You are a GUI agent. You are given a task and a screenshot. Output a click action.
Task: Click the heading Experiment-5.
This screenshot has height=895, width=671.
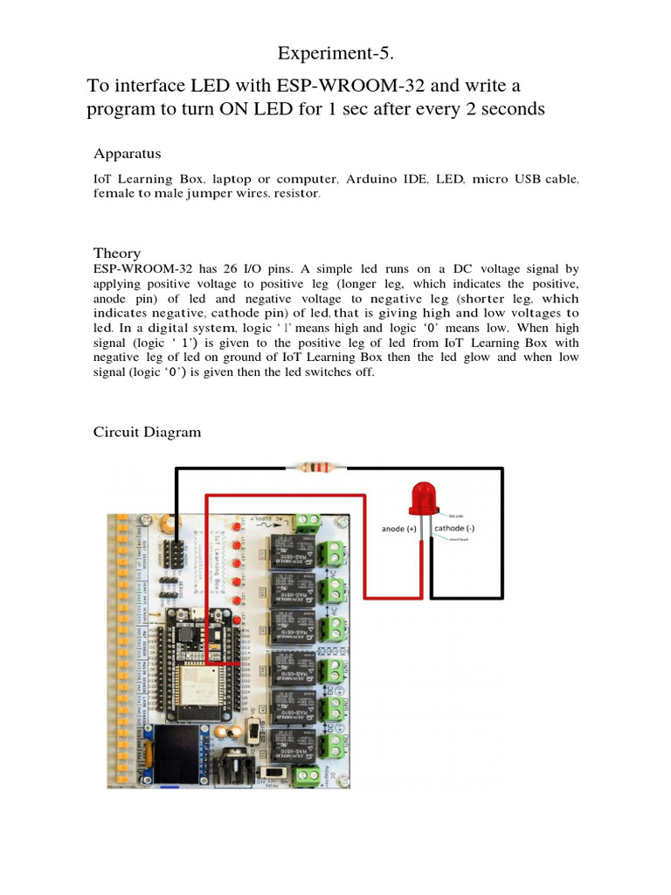(335, 54)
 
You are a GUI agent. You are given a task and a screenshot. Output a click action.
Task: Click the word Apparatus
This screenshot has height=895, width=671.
(127, 154)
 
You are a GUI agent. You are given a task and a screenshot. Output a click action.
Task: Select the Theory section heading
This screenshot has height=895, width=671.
(117, 253)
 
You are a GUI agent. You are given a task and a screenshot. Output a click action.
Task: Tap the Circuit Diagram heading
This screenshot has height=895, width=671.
(147, 432)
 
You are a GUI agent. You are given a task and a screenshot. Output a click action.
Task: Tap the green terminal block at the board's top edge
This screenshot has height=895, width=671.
(307, 522)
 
